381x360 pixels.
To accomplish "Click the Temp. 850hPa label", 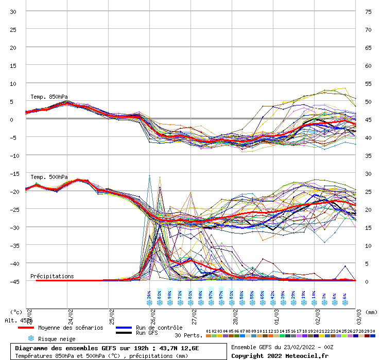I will (x=49, y=97).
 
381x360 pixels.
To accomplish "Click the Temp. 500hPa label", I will (x=49, y=177).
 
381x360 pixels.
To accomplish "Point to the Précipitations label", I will (x=52, y=276).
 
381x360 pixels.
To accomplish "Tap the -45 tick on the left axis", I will (x=14, y=281).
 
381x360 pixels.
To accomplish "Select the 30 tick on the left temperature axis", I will (x=14, y=11).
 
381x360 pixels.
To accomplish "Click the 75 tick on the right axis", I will (x=368, y=11).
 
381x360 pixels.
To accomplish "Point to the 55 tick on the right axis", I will (x=368, y=83).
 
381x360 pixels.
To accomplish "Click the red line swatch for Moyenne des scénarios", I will (x=25, y=328).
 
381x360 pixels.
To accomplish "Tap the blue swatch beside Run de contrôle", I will (x=124, y=328).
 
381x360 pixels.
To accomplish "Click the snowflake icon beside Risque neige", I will (x=31, y=338).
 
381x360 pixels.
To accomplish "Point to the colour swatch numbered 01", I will (x=208, y=336).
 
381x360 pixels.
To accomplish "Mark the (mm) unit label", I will (x=372, y=312).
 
